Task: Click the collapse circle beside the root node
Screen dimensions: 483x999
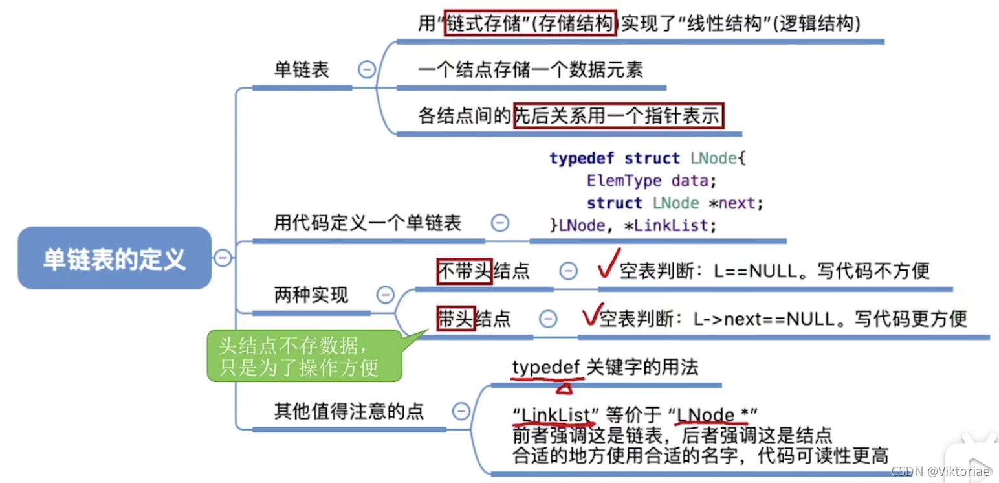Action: (222, 258)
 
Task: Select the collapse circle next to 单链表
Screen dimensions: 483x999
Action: (367, 69)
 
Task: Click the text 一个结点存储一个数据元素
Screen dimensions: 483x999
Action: (531, 70)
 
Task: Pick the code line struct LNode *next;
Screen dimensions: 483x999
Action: (675, 203)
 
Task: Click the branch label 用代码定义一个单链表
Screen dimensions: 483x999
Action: (368, 224)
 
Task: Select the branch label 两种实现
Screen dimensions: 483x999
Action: (311, 295)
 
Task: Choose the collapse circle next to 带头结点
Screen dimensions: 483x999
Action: (548, 318)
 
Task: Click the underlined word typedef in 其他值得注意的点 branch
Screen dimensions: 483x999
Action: (547, 368)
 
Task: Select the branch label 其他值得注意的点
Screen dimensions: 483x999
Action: (349, 410)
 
